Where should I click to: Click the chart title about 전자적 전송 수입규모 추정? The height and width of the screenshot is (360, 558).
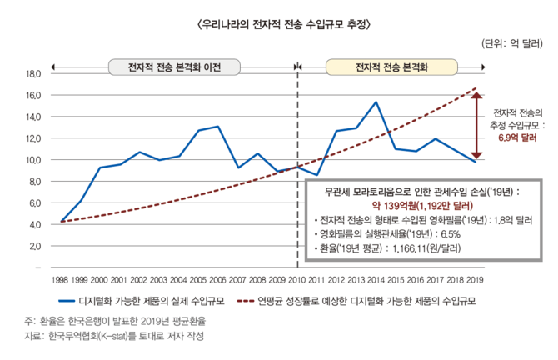tap(279, 24)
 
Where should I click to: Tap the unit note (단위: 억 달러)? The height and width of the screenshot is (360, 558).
tap(513, 45)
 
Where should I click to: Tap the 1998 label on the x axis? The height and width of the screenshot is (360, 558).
tap(60, 280)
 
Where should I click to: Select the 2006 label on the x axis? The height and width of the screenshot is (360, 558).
tap(217, 280)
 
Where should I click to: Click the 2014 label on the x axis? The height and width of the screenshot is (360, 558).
tap(376, 280)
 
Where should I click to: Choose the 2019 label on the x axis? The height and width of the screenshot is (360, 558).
tap(474, 280)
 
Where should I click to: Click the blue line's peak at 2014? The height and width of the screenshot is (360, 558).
tap(376, 102)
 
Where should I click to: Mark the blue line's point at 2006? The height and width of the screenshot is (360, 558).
tap(217, 127)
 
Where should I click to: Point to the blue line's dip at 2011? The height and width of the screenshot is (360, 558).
tap(316, 175)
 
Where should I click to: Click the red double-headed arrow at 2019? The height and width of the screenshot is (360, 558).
tap(475, 126)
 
